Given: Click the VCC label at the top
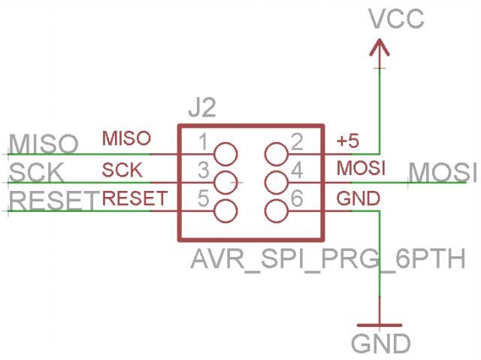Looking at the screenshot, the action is pos(397,19).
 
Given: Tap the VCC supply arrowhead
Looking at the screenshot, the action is pos(380,47).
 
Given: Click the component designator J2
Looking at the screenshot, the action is pos(202,107).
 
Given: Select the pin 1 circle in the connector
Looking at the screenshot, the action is pos(225,154).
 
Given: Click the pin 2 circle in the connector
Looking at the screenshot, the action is pos(276,154).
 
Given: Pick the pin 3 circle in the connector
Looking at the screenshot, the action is pos(225,183).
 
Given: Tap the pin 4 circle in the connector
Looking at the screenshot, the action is pos(276,183).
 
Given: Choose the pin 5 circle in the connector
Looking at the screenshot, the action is pos(225,211).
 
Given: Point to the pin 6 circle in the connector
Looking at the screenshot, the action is pos(276,211).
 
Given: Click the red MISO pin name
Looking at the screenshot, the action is pos(126,138).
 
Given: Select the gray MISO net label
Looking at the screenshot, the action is pos(44,144).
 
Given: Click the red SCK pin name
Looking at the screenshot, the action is pos(122,170).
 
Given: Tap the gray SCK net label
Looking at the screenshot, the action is pos(37,172).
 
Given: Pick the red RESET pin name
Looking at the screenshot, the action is pos(135,198).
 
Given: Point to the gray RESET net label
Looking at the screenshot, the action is pos(54,201).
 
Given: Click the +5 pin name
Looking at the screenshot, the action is pos(347,141).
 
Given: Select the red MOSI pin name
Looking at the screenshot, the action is pos(361,168).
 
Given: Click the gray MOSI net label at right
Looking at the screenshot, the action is pos(443,172).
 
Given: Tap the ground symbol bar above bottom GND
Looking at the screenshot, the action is pos(380,325).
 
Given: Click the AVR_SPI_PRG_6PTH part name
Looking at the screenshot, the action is pos(328,259).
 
